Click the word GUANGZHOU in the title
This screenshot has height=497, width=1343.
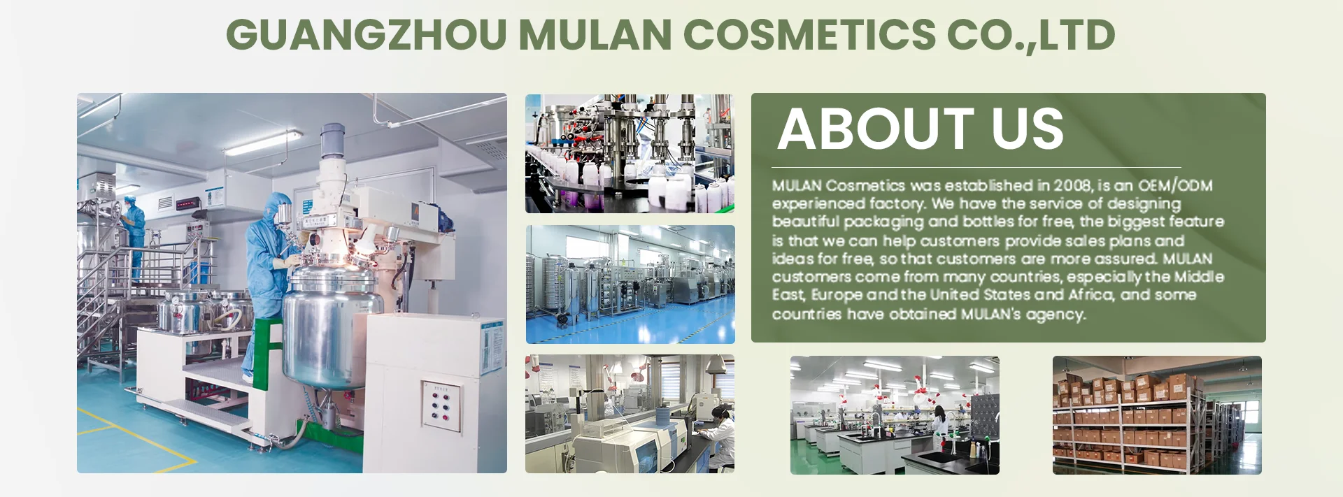point(366,35)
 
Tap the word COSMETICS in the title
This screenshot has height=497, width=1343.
point(809,35)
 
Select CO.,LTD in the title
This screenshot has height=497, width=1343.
point(1032,36)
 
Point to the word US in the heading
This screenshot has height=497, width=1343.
point(1028,129)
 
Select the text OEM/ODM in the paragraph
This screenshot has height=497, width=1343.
point(1175,185)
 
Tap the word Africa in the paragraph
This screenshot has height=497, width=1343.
point(1090,295)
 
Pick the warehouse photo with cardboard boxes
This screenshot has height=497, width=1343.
point(1157,415)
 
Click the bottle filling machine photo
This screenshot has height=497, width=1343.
point(630,153)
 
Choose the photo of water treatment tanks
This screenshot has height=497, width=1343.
point(630,284)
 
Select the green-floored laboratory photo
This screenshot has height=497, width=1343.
point(895,415)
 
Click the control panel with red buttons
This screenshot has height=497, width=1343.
point(441,405)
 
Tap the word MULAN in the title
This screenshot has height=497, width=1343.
point(595,35)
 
